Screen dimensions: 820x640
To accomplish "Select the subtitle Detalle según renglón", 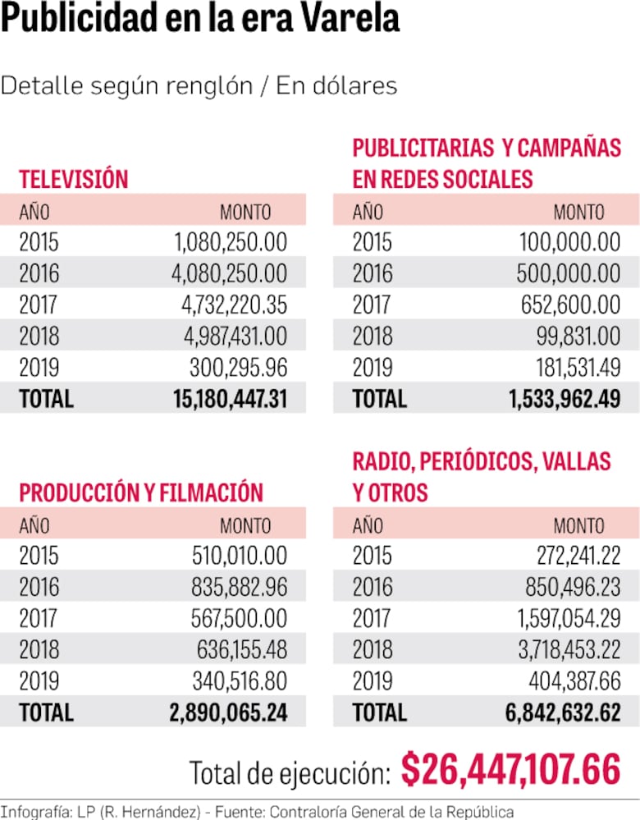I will pyautogui.click(x=126, y=85).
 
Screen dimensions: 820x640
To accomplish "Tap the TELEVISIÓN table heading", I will pyautogui.click(x=74, y=179).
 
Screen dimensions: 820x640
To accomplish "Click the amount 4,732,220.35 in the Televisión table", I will pyautogui.click(x=234, y=305).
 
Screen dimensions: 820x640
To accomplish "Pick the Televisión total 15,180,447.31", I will pyautogui.click(x=230, y=399).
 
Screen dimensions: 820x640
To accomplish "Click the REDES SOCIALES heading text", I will pyautogui.click(x=443, y=179).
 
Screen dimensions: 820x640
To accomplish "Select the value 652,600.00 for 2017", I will pyautogui.click(x=570, y=305).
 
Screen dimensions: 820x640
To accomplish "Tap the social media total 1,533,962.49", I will pyautogui.click(x=565, y=399).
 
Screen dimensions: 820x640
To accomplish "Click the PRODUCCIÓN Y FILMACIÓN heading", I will pyautogui.click(x=141, y=492).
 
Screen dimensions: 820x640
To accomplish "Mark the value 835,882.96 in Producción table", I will pyautogui.click(x=240, y=587).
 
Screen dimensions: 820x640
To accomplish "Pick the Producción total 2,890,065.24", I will pyautogui.click(x=228, y=712).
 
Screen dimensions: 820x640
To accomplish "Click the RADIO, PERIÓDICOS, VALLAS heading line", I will pyautogui.click(x=482, y=461).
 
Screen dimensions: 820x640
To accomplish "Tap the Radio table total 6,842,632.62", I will pyautogui.click(x=562, y=712).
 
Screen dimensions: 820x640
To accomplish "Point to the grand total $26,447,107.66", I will pyautogui.click(x=510, y=770).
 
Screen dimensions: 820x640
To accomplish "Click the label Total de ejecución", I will pyautogui.click(x=290, y=773).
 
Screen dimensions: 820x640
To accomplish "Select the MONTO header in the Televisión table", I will pyautogui.click(x=245, y=212).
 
